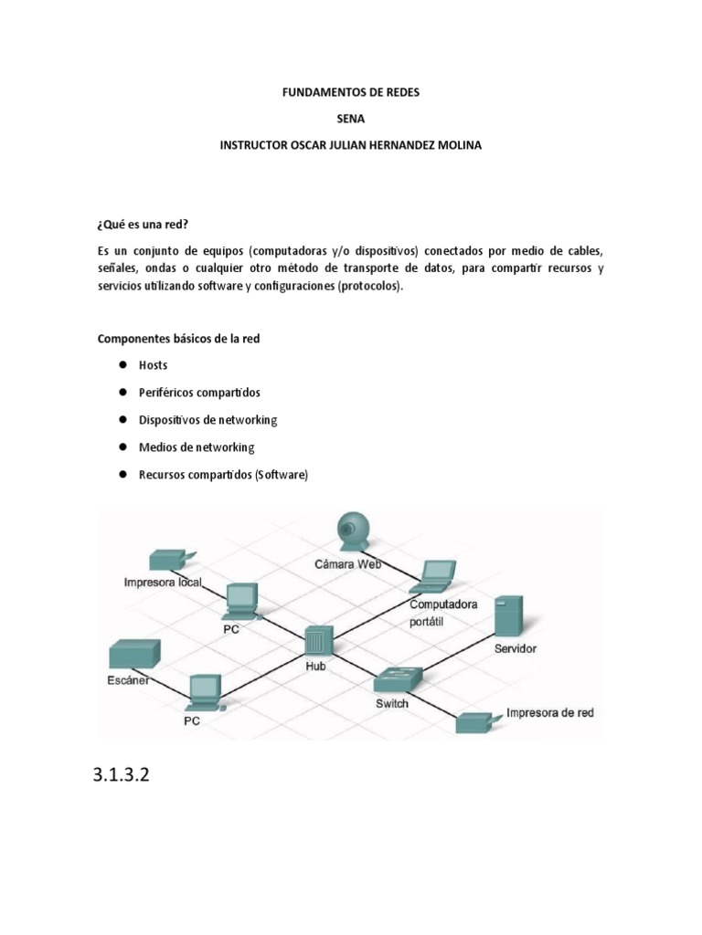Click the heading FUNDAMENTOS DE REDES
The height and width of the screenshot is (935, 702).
tap(350, 92)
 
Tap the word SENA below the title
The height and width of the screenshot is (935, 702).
tap(350, 119)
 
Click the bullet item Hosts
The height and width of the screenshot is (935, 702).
tap(153, 364)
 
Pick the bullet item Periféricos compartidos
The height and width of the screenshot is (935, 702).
tap(199, 392)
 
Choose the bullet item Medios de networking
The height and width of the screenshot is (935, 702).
tap(197, 447)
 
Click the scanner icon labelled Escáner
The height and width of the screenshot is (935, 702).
tap(134, 656)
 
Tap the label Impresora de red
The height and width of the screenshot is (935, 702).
tap(549, 712)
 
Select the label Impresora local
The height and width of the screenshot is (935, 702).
tap(163, 582)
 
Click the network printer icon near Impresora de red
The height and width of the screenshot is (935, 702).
tap(477, 722)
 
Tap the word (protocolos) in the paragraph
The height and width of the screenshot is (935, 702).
tap(369, 286)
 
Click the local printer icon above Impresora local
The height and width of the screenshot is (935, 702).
tap(169, 558)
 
